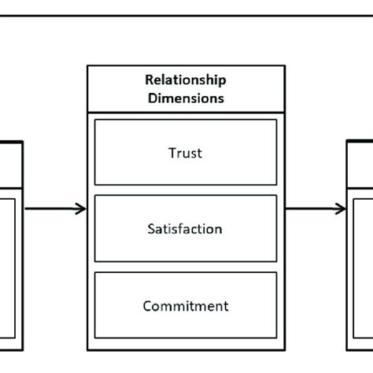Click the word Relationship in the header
[185, 79]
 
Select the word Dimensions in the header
[185, 98]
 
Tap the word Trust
[185, 153]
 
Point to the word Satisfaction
[185, 229]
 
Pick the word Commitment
[185, 306]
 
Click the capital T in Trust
[171, 153]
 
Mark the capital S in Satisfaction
[151, 229]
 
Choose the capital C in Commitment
[147, 306]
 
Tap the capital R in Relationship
[149, 79]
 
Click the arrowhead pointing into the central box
[81, 209]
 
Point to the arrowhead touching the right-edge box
[341, 209]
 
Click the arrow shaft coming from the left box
[51, 209]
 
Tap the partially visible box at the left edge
[9, 252]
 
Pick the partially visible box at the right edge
[361, 252]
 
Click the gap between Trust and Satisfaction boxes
[185, 190]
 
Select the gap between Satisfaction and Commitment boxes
[185, 267]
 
